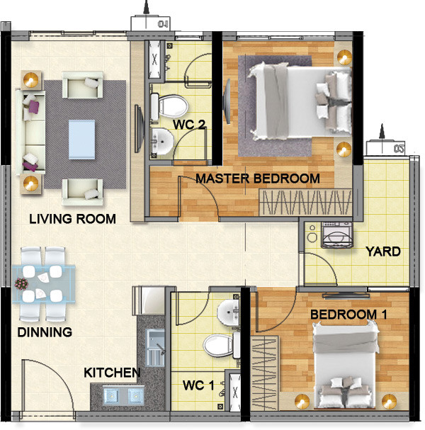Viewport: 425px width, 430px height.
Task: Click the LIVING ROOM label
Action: tap(72, 219)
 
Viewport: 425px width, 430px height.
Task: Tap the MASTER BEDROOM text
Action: tap(258, 179)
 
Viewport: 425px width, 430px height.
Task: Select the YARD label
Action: tap(382, 251)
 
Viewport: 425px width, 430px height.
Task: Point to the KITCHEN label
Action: tap(112, 373)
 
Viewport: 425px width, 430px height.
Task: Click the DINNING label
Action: tap(45, 332)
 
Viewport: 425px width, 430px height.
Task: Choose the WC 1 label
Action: tap(198, 385)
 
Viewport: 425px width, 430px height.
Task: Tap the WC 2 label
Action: tap(189, 125)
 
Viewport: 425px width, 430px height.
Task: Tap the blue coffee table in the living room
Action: tap(81, 138)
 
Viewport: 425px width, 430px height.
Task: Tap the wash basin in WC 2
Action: tap(162, 142)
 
